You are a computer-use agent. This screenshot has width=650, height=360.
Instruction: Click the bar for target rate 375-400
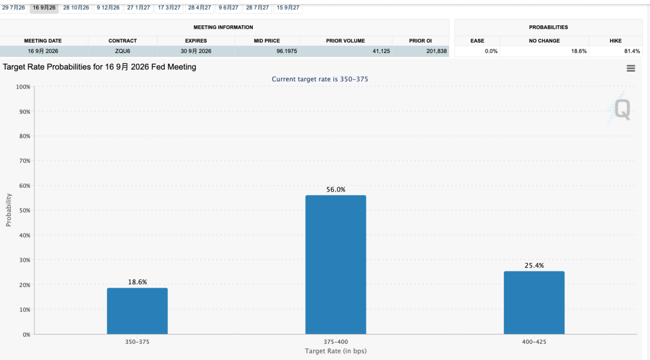[x=336, y=265]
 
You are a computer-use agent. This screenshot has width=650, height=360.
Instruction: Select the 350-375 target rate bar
[x=137, y=311]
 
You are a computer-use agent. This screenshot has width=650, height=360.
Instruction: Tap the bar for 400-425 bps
[x=534, y=303]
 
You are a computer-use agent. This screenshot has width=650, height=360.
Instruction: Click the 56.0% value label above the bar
[x=336, y=190]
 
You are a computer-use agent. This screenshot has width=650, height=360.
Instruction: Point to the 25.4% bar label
[x=534, y=265]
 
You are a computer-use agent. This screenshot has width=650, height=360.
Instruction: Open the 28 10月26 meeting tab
[x=76, y=7]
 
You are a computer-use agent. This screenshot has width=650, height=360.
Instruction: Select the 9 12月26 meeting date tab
[x=108, y=7]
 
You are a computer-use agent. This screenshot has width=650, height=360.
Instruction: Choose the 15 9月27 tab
[x=288, y=7]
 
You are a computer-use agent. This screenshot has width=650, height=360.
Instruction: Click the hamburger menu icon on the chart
[x=631, y=69]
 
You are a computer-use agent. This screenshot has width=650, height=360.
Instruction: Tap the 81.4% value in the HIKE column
[x=632, y=51]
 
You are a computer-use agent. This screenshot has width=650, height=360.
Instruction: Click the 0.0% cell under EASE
[x=491, y=51]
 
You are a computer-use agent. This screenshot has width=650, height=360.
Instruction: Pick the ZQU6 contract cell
[x=123, y=51]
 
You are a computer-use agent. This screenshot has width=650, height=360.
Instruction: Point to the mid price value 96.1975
[x=287, y=51]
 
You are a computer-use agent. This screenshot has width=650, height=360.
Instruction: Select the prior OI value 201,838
[x=436, y=51]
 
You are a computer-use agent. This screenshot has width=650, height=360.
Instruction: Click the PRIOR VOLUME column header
[x=345, y=41]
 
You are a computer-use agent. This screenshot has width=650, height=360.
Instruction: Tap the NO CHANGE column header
[x=544, y=41]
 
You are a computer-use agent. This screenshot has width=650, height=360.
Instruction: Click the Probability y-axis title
[x=8, y=210]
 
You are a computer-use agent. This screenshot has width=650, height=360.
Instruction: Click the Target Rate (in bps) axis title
[x=336, y=351]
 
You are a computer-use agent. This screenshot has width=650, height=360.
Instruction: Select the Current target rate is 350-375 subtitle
[x=320, y=79]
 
